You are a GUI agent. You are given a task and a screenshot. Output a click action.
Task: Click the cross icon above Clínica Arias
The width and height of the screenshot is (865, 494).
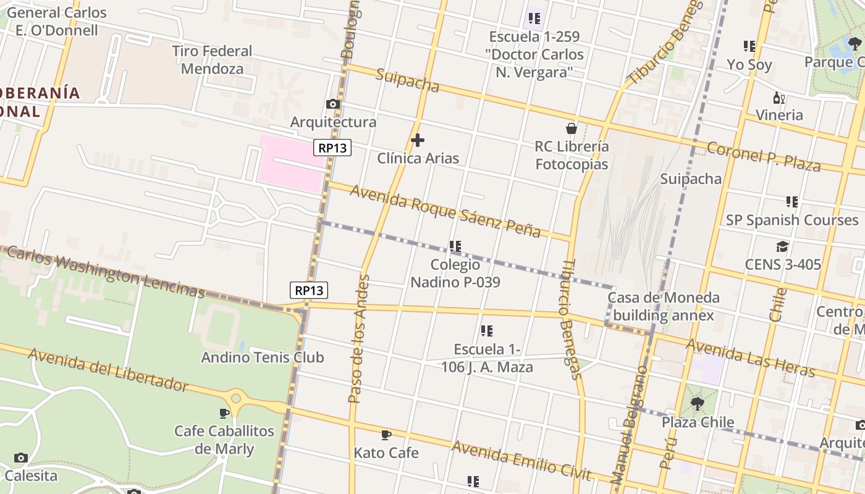(x=418, y=140)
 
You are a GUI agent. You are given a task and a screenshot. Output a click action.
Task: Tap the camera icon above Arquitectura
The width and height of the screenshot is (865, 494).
(x=333, y=104)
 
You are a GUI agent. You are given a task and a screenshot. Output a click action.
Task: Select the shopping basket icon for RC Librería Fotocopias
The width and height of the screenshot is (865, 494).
(x=572, y=128)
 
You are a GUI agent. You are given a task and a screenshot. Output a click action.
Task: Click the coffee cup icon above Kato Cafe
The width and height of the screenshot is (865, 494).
(x=386, y=435)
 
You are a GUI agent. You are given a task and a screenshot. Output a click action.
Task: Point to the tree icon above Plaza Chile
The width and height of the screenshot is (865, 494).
(x=698, y=404)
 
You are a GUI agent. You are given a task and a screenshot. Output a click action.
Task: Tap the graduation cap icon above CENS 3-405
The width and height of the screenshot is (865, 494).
(x=783, y=246)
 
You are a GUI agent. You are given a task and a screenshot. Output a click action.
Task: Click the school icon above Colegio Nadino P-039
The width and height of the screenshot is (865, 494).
(x=455, y=246)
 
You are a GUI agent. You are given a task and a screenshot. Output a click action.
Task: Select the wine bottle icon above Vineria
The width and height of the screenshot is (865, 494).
(x=779, y=98)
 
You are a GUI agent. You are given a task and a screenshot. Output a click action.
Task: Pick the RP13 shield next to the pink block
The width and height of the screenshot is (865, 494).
(x=332, y=148)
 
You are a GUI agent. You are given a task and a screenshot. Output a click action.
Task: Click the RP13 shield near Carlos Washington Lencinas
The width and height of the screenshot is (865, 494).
(x=309, y=290)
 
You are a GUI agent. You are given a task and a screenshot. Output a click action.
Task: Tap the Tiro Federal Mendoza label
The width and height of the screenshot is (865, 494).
(x=212, y=60)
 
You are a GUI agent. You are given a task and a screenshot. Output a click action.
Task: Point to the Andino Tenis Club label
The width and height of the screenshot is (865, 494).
(x=263, y=357)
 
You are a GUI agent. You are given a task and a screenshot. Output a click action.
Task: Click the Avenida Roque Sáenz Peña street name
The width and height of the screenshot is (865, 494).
(x=445, y=211)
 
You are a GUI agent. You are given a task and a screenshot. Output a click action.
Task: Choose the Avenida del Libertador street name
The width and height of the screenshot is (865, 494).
(x=108, y=369)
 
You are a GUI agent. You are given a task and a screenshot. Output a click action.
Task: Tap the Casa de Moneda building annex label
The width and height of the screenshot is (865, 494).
(x=664, y=306)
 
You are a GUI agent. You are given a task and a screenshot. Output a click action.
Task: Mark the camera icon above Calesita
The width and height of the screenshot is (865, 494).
(x=21, y=458)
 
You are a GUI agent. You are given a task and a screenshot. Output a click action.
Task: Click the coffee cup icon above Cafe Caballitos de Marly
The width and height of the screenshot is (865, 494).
(x=224, y=412)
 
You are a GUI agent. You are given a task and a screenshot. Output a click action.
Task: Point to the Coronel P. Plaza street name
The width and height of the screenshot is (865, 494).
(x=763, y=157)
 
